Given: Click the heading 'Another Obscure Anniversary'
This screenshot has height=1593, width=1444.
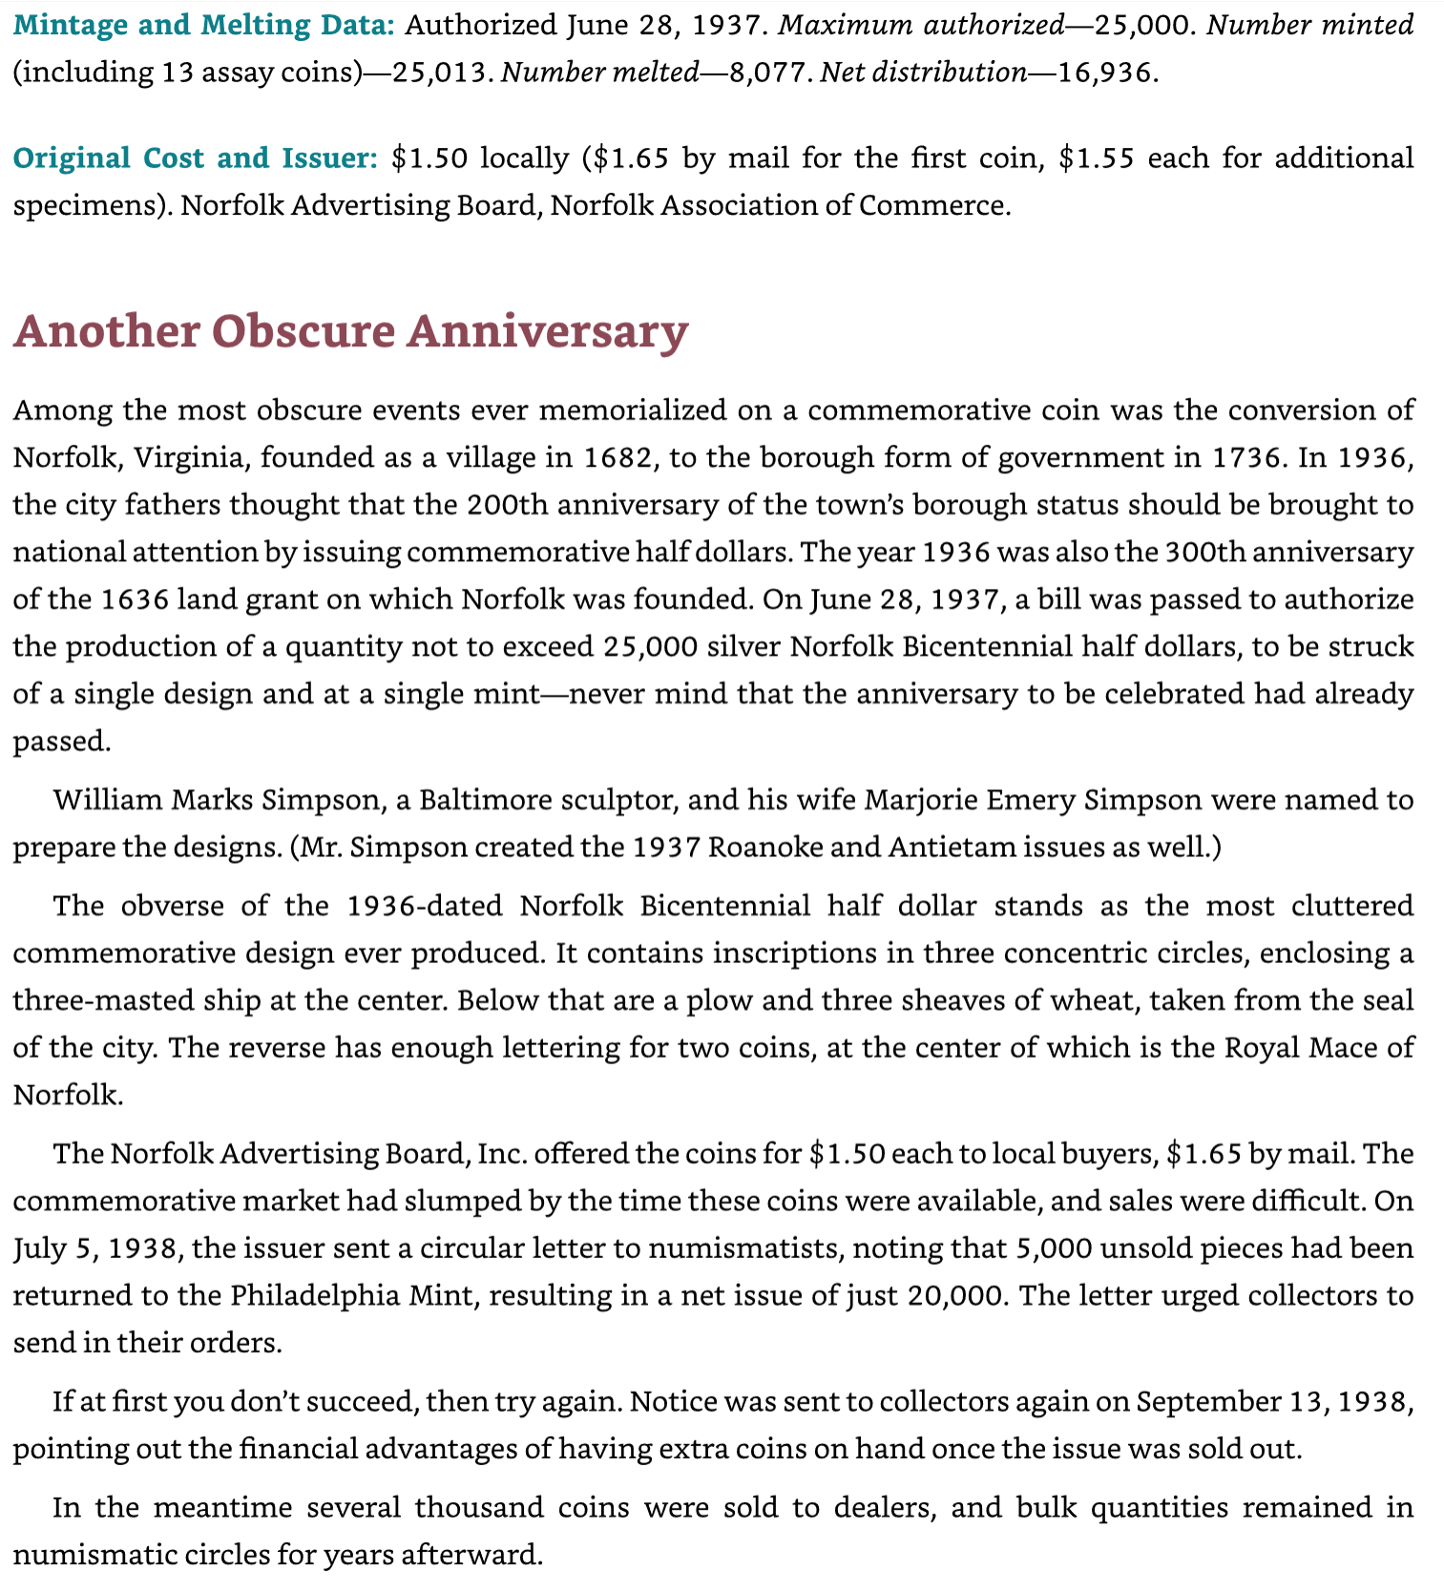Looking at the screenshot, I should pos(350,331).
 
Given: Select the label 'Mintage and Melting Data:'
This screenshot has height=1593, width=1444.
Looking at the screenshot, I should pos(203,25).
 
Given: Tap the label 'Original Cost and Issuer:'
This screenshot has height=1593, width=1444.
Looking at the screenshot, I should pos(196,157).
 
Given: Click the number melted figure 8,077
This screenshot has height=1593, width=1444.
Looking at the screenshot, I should pos(768,73).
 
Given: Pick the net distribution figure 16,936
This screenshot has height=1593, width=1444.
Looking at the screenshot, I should pos(1106,73).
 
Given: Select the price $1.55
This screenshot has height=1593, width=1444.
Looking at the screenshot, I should pos(1097,157).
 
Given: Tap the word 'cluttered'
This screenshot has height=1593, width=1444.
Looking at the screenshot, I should pos(1351,905).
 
